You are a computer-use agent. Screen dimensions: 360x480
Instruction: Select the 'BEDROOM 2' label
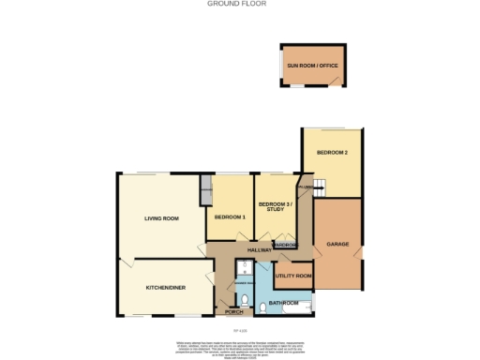tap(332, 153)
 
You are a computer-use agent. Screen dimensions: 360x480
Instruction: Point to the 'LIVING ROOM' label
tap(161, 218)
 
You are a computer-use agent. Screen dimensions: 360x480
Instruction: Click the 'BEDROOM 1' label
tap(230, 217)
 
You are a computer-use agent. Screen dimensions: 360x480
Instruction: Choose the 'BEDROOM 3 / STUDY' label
tap(276, 206)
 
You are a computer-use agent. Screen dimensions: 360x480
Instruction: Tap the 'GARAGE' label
tap(337, 244)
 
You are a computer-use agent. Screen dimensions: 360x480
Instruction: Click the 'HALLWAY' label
tap(259, 250)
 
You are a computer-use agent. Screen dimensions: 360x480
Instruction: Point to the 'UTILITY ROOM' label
tap(293, 276)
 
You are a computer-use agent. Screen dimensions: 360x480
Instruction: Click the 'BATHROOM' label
tap(283, 304)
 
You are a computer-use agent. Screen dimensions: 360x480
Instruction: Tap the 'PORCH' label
tap(233, 311)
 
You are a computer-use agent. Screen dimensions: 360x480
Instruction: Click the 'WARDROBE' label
tap(286, 246)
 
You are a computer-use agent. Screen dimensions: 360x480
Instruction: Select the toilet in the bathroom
tap(264, 304)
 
